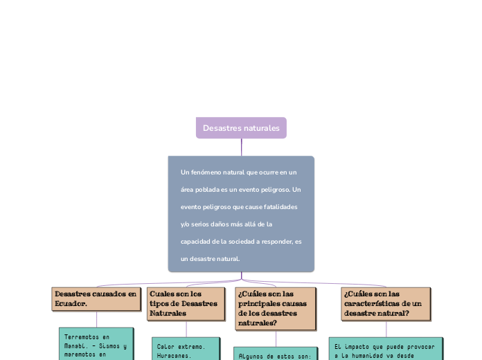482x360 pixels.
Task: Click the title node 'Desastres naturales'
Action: click(x=241, y=128)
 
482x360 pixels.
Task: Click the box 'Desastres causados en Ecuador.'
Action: click(x=96, y=299)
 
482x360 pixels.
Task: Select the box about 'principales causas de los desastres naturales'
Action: click(x=276, y=308)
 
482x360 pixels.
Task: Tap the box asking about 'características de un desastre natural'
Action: click(x=386, y=304)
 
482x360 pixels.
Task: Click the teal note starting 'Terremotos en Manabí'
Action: click(x=96, y=344)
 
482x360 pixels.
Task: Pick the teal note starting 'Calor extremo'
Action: click(x=186, y=350)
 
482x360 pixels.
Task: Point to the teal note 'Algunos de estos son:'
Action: click(x=275, y=354)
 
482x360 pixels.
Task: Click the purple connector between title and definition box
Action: click(x=242, y=147)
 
